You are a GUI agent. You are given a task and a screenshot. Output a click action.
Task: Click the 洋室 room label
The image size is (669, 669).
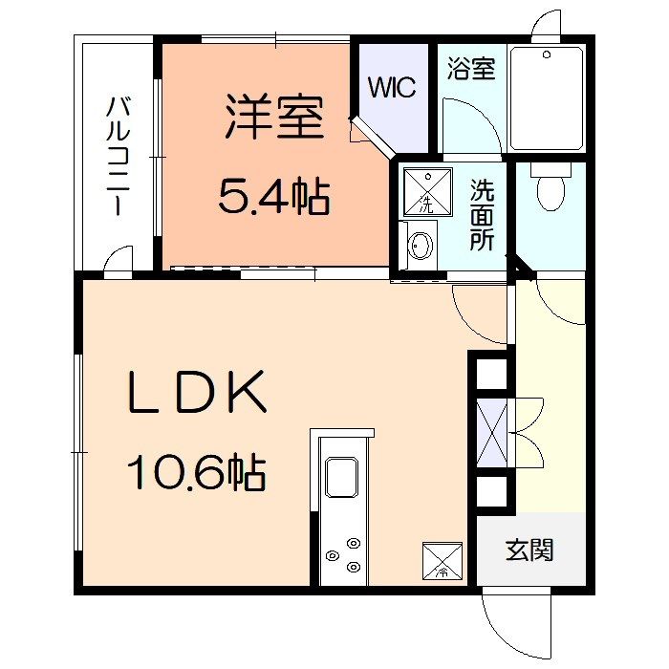click(274, 117)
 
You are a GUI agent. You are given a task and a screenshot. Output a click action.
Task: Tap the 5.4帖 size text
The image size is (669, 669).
click(274, 196)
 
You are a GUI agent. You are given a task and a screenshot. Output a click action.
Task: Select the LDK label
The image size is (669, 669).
click(197, 392)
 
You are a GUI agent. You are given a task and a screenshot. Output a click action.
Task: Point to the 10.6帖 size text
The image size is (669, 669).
click(197, 473)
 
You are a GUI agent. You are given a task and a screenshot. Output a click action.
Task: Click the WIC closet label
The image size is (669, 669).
click(392, 87)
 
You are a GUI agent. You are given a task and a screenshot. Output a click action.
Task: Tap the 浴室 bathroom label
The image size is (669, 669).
click(471, 68)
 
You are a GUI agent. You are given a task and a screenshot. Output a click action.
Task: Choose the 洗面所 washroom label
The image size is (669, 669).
click(482, 215)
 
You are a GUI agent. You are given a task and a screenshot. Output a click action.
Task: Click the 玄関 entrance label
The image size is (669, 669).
click(529, 550)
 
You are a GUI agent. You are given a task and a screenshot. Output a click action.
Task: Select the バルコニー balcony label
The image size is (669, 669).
click(118, 156)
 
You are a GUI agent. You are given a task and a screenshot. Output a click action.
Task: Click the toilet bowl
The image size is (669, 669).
click(550, 187)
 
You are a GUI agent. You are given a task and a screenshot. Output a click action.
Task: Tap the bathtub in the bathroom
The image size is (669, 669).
click(547, 98)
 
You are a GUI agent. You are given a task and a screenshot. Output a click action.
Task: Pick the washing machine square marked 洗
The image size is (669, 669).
click(428, 191)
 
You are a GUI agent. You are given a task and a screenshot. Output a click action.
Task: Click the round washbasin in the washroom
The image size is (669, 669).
click(421, 246)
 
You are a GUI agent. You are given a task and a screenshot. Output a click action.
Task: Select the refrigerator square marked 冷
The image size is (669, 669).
click(442, 561)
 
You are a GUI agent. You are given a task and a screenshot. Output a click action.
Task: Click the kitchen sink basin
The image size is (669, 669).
click(342, 477)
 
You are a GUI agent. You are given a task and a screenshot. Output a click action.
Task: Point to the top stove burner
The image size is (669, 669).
click(354, 543)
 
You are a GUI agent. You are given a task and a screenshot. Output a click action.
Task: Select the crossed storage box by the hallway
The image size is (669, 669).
click(491, 433)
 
